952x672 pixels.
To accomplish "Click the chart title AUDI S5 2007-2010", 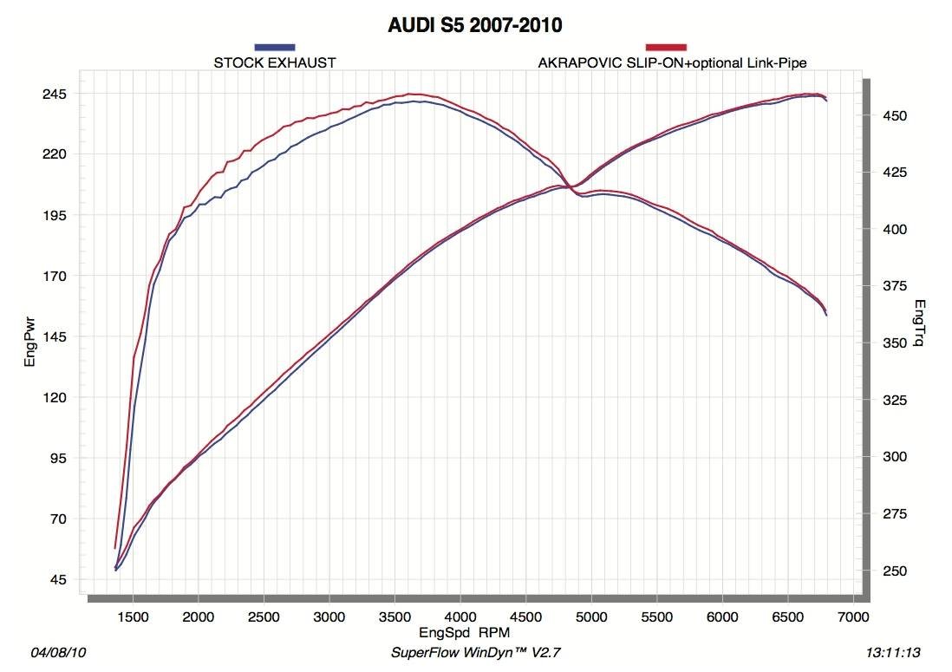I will pos(475,24).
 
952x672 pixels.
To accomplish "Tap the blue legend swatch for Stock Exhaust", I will pos(275,47).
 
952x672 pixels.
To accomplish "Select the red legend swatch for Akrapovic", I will pos(666,47).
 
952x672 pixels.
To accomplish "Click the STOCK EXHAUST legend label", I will pos(275,62).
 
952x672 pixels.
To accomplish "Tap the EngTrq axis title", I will pos(921,323).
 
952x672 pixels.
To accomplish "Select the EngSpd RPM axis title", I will pos(465,633).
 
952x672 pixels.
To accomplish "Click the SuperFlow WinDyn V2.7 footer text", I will pos(483,651).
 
